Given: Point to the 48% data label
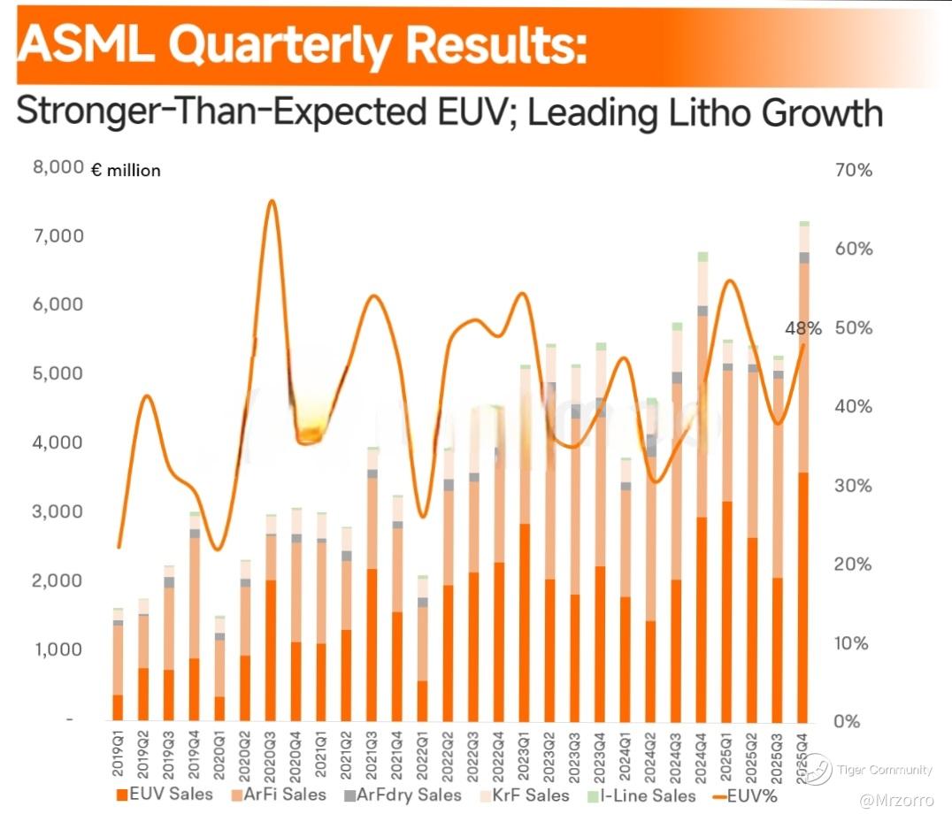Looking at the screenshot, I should [x=803, y=328].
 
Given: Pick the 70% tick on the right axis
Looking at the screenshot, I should [x=854, y=170].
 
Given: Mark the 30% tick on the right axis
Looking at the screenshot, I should [x=854, y=486].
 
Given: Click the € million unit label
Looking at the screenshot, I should [x=126, y=171].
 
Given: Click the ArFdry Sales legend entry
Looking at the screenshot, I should [x=403, y=794].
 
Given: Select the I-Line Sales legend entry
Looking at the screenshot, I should [x=641, y=794].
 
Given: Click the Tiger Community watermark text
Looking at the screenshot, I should [x=884, y=770].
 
